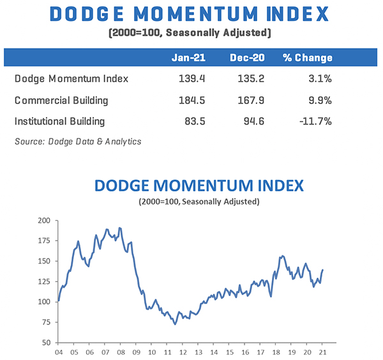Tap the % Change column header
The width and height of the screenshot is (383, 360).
(x=308, y=57)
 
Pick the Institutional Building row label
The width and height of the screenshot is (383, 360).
(x=59, y=121)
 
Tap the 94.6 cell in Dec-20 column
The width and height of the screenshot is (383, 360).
(x=247, y=121)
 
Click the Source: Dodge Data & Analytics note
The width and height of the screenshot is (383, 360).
(x=78, y=142)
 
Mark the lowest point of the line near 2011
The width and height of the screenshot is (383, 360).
(x=175, y=324)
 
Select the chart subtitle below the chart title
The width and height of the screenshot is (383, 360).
(x=199, y=202)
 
